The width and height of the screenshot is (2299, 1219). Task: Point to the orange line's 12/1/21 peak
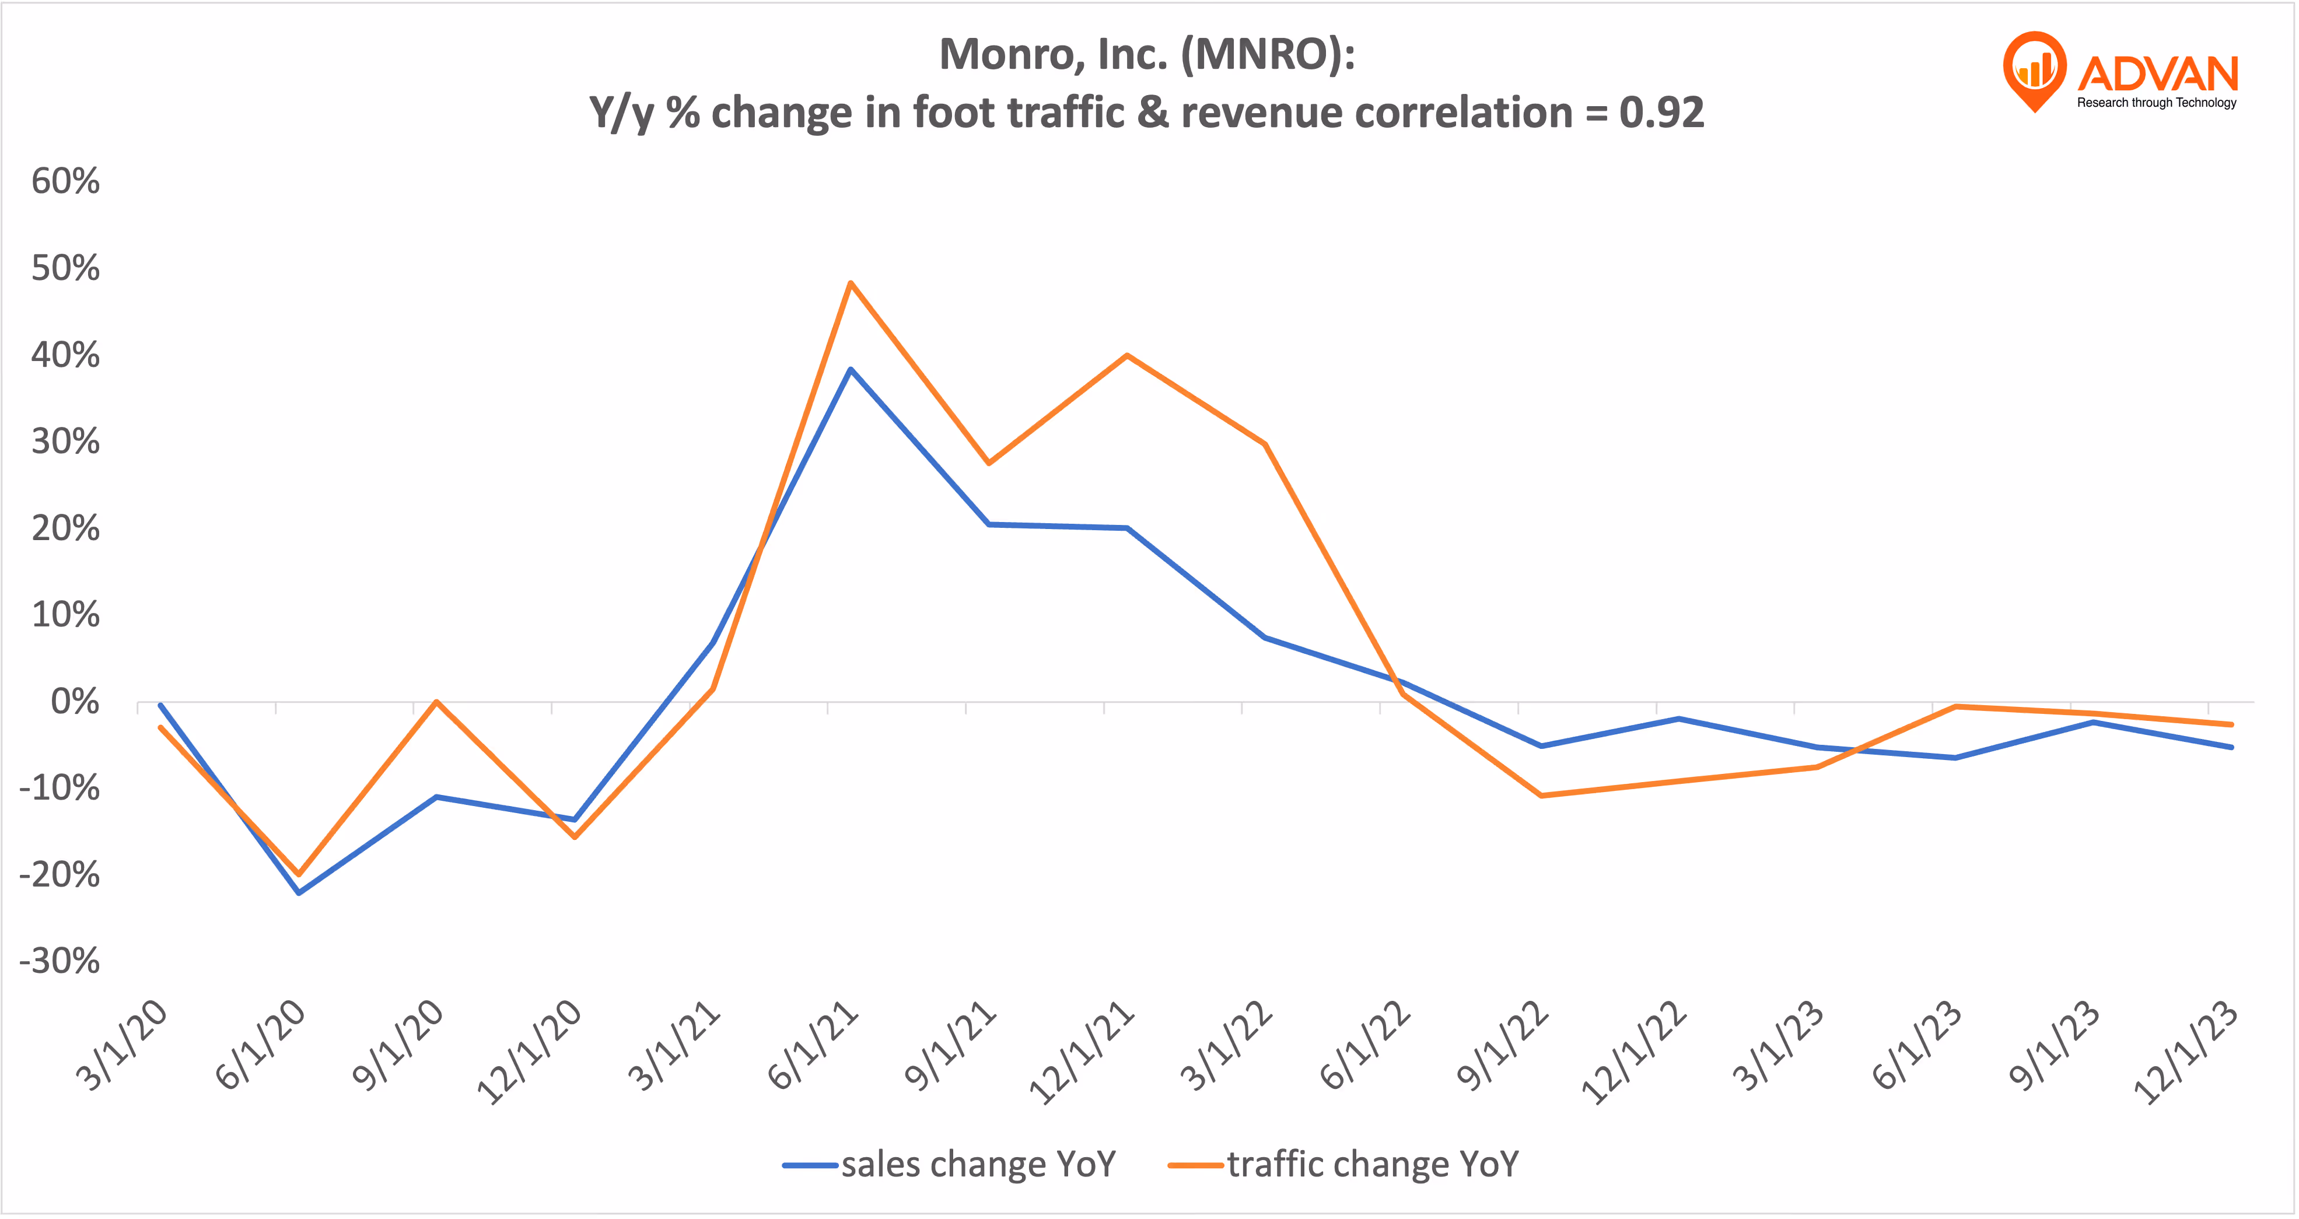coord(1127,355)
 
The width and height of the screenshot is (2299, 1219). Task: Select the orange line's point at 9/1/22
coord(1541,795)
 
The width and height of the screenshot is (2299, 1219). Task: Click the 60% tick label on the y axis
coord(65,181)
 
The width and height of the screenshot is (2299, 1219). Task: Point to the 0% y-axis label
coord(75,702)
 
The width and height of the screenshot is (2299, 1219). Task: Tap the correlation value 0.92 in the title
coord(1662,113)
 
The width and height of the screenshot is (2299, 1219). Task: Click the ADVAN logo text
coord(2158,73)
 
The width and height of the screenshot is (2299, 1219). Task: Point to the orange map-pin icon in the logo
coord(2034,69)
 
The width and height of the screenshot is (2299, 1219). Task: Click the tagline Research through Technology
coord(2156,103)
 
